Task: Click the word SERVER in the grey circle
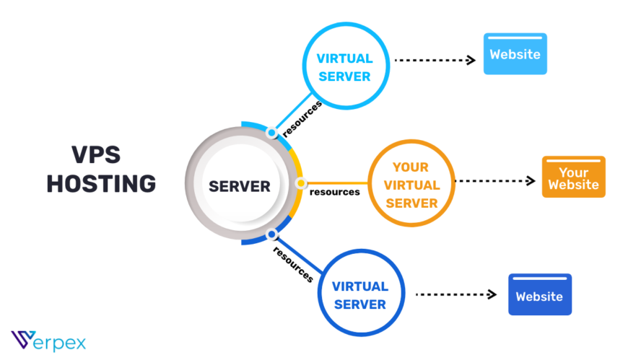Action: (240, 186)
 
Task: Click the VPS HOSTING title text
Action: (101, 170)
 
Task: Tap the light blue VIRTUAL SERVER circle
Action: (344, 67)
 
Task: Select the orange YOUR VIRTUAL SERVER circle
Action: (411, 185)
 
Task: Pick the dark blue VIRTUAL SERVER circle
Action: (360, 295)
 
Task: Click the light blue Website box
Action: (515, 54)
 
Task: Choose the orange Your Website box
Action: (573, 177)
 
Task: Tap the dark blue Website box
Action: (539, 295)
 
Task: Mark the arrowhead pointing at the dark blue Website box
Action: (492, 294)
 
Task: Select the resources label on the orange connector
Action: (334, 193)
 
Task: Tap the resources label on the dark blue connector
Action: (293, 264)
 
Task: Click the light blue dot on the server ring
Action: (271, 133)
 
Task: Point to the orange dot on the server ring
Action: (301, 183)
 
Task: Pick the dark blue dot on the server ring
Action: (271, 234)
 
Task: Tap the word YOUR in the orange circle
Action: (411, 167)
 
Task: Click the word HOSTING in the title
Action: (101, 183)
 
